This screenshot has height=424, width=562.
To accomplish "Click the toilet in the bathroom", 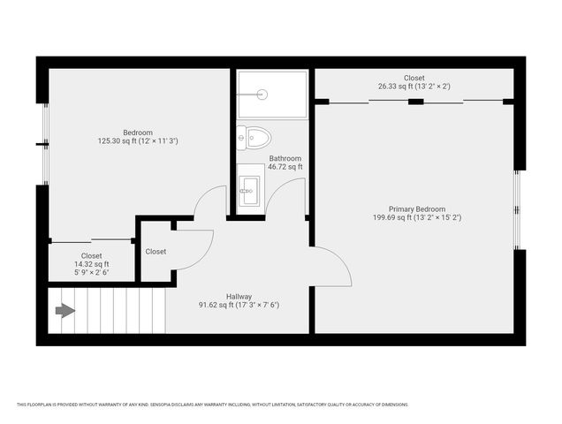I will point(255,138).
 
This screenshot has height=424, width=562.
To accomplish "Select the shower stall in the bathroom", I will point(272,93).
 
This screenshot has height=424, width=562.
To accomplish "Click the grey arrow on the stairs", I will point(65,310).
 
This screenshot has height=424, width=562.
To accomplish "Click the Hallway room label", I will point(239,297).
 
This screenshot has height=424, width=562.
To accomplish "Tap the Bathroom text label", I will point(285,159).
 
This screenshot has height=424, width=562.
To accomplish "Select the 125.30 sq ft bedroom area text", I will point(138,140).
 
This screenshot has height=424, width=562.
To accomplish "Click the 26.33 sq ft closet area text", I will point(414,87).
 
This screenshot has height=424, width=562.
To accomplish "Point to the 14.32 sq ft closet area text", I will point(92,264).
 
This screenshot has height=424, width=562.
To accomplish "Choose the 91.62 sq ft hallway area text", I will point(239,306).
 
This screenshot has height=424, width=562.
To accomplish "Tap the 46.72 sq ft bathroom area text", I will point(285,167).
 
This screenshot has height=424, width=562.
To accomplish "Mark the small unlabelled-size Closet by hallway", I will point(156,251).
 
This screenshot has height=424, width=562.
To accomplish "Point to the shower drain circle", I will point(262,92).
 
